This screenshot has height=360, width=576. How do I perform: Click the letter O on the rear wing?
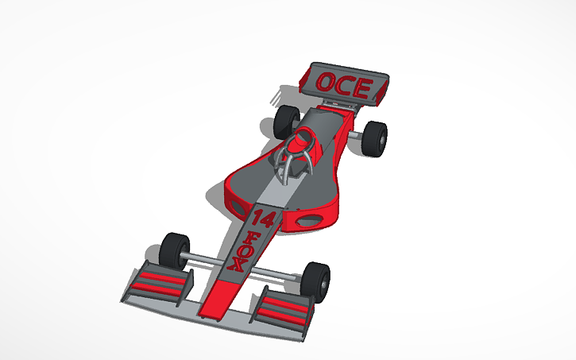[327, 82]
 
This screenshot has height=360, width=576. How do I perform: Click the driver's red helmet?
[302, 141]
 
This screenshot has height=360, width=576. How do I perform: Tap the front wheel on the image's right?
[316, 278]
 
